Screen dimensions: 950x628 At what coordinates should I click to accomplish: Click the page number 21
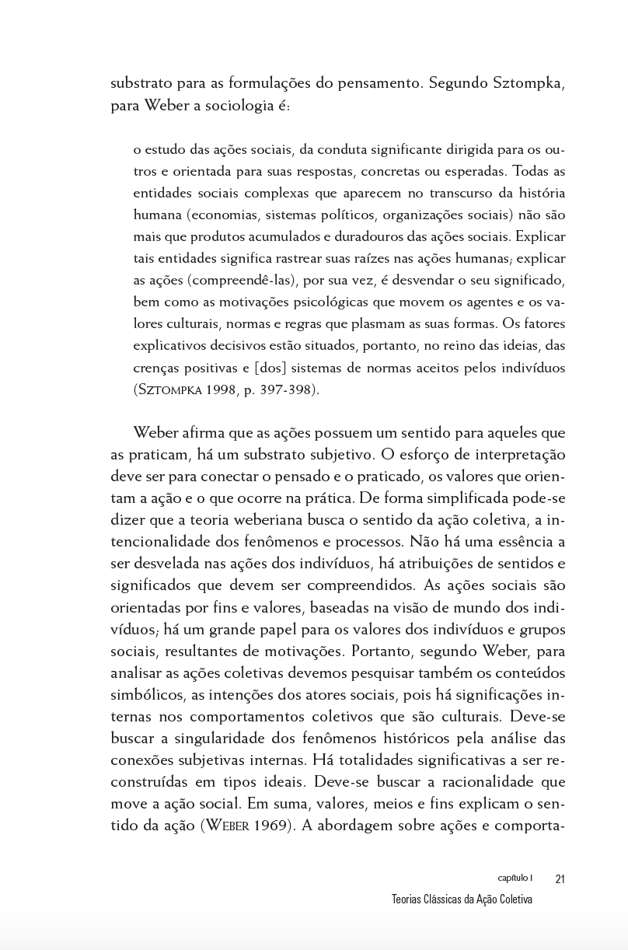coord(560,879)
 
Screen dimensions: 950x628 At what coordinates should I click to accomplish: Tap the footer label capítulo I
coord(515,878)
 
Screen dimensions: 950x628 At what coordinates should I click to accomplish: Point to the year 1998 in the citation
coord(222,389)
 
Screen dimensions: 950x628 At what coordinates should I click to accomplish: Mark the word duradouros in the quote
coord(367,236)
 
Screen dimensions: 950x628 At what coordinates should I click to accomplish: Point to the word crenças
coord(156,368)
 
